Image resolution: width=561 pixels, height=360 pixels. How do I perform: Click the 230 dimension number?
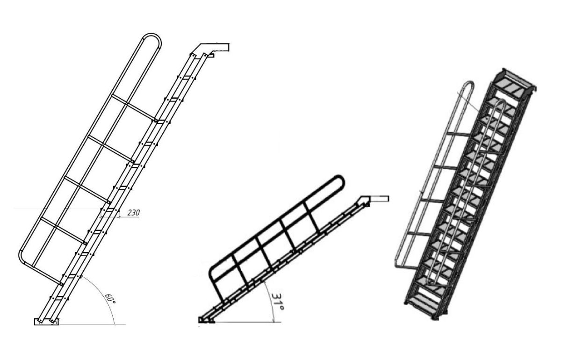[134, 213]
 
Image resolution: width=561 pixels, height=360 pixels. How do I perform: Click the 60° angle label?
[110, 298]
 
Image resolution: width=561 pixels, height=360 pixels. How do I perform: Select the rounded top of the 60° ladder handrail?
[151, 35]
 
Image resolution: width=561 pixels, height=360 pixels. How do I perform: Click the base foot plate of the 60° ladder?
[46, 321]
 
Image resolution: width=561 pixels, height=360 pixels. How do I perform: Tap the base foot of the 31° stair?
[206, 320]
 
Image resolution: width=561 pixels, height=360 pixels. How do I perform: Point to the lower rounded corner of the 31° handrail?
[212, 271]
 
